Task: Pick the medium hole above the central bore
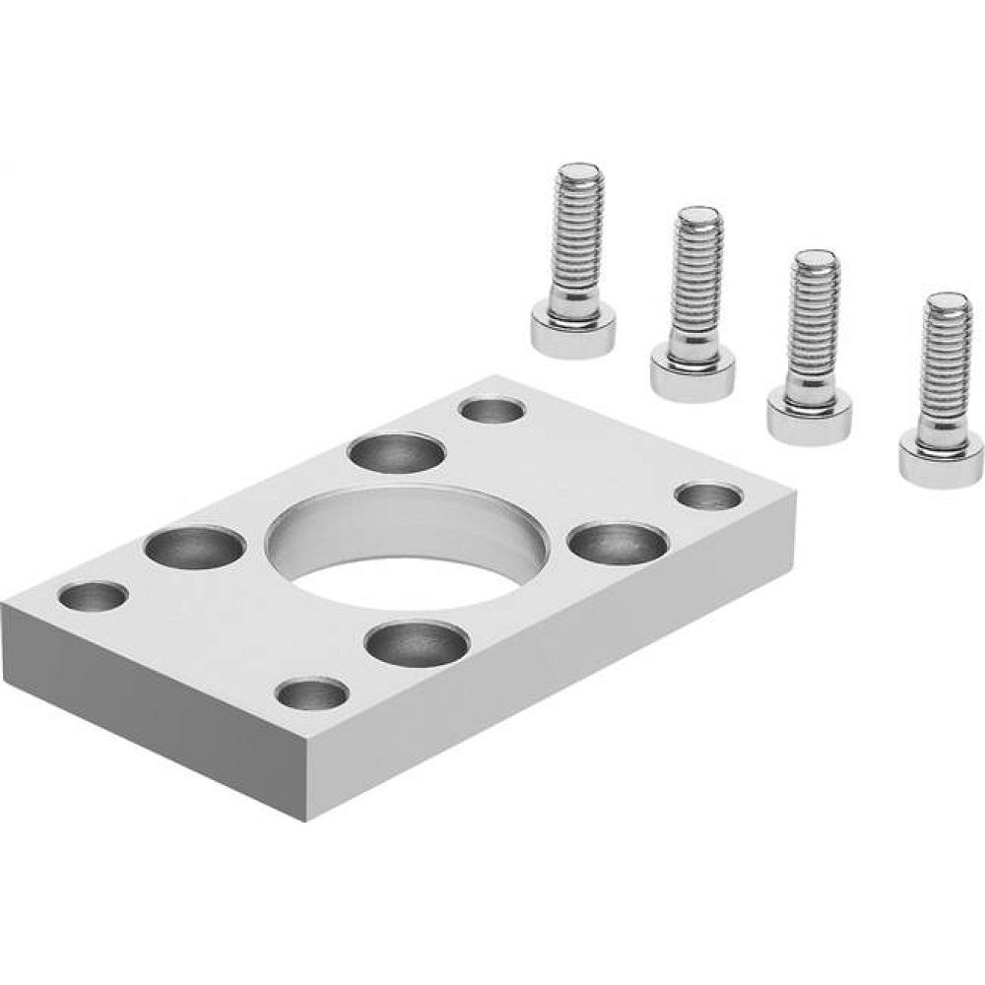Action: (x=395, y=454)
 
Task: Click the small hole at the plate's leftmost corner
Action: (x=94, y=596)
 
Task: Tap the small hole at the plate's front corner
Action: (x=311, y=695)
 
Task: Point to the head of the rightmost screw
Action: (x=941, y=456)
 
